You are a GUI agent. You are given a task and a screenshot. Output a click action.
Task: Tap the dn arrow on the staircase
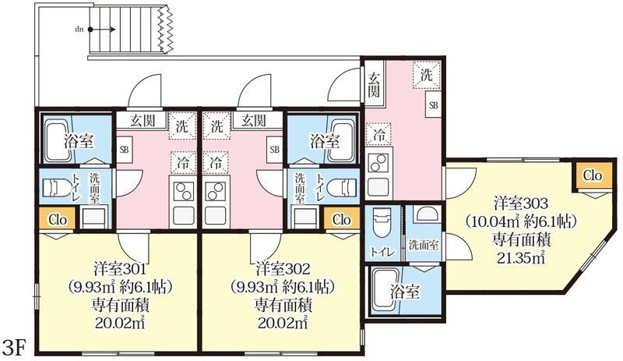click(102, 30)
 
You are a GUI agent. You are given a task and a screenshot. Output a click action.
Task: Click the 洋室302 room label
click(283, 269)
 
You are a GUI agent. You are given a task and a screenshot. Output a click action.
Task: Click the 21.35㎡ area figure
click(521, 258)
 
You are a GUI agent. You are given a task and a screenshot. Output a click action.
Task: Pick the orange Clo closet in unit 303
click(593, 175)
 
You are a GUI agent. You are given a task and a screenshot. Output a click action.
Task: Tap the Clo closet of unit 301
click(58, 219)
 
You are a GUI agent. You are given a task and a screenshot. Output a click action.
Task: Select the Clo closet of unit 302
click(342, 219)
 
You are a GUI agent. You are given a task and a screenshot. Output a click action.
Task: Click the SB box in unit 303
click(434, 105)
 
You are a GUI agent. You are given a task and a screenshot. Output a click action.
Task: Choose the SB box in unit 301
click(125, 150)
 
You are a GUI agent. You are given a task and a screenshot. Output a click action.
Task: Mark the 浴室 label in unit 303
click(404, 292)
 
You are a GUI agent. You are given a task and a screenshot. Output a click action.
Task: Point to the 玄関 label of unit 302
click(254, 120)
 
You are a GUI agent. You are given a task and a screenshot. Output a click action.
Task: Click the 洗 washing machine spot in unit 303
click(426, 75)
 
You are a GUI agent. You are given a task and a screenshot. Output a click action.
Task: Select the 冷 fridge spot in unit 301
click(183, 162)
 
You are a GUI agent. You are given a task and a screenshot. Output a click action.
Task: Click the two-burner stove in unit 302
click(215, 191)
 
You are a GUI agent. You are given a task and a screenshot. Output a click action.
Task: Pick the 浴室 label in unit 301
click(79, 141)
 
